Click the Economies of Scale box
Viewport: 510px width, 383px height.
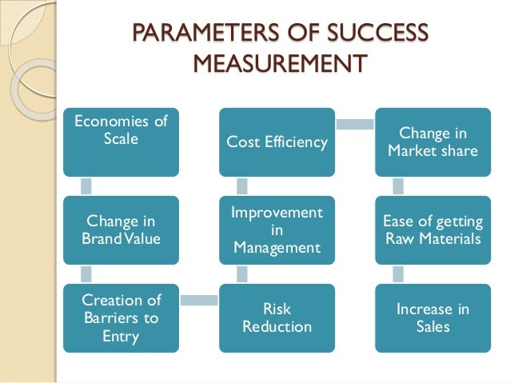(121, 141)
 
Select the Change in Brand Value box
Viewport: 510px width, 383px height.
(121, 229)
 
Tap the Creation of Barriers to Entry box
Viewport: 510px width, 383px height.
(121, 317)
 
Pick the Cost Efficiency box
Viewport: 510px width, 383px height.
(277, 142)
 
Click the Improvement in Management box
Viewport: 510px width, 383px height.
(277, 230)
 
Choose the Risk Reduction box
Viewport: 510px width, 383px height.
(277, 317)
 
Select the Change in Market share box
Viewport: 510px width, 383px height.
(432, 142)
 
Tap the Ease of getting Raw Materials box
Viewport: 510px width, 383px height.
(432, 230)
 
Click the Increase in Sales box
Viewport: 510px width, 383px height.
(432, 317)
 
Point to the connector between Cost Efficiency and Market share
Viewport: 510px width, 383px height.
(354, 124)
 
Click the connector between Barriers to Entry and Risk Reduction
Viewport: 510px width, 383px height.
(199, 300)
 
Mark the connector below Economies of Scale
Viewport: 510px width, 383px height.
(86, 185)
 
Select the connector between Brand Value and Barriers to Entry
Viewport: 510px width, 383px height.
(86, 273)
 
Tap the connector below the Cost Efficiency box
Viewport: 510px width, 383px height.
(242, 186)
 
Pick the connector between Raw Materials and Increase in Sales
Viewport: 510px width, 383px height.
(398, 273)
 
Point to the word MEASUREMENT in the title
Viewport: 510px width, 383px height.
(279, 62)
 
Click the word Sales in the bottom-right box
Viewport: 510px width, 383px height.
(432, 326)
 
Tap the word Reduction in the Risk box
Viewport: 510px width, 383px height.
(277, 326)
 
